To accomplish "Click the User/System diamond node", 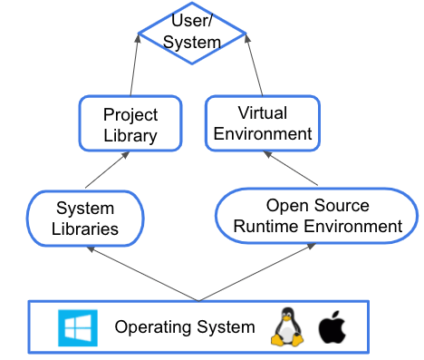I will (x=190, y=33).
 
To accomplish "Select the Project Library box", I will (x=130, y=125).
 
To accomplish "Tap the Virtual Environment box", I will (x=262, y=123).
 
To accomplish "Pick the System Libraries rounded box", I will (x=86, y=218).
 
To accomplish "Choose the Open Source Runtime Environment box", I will (x=316, y=216).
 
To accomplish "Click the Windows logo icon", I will (x=75, y=326).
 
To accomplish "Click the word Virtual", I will (x=262, y=113).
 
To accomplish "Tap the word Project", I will (x=130, y=115).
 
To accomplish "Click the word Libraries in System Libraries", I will (x=86, y=228).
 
